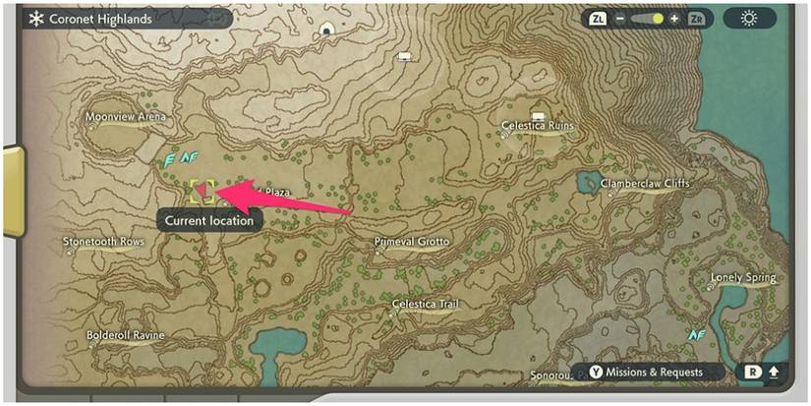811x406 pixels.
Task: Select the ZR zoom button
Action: (x=696, y=19)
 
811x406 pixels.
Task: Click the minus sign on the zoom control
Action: (x=620, y=19)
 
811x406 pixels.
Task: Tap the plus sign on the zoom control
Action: (x=674, y=19)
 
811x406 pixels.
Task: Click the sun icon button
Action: (x=749, y=19)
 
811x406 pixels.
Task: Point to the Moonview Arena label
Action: (x=126, y=117)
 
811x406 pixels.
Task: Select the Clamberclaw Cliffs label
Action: (x=645, y=184)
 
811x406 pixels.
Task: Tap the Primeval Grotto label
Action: (x=412, y=242)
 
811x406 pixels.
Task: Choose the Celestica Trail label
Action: (x=426, y=305)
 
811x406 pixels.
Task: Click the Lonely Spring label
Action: (x=743, y=278)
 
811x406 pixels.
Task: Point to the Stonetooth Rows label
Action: (x=103, y=242)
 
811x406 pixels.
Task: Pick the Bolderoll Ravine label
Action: (x=123, y=335)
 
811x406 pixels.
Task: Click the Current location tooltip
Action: (x=208, y=221)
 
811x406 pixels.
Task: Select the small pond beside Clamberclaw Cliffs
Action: (x=590, y=182)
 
